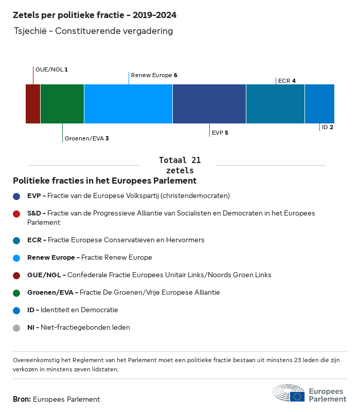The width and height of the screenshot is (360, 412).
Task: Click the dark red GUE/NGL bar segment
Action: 33,104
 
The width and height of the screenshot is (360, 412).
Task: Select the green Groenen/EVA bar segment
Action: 62,104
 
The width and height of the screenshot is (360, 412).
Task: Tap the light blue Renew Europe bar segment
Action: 128,104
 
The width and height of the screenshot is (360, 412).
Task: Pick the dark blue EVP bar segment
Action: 209,104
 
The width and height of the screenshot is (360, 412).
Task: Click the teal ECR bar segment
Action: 275,104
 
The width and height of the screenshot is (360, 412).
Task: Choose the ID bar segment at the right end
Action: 319,104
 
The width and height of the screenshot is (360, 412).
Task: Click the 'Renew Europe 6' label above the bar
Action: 154,75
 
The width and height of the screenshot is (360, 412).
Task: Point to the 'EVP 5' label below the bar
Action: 220,133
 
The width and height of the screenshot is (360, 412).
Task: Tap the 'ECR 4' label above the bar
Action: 286,81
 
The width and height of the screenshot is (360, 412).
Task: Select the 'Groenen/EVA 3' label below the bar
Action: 86,138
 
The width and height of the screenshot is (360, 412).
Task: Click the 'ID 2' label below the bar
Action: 328,127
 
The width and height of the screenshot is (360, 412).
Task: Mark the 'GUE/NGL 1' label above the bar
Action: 51,69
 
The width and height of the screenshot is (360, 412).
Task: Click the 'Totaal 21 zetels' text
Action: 179,165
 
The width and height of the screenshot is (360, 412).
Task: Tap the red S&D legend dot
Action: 16,213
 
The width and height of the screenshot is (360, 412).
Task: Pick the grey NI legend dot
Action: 16,328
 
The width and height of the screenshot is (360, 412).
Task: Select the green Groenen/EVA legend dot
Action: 16,293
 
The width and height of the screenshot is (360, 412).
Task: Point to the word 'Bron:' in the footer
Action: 22,399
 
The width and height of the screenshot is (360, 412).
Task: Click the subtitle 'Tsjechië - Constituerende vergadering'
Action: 94,31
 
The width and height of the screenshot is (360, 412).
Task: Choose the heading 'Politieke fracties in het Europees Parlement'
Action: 104,181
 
